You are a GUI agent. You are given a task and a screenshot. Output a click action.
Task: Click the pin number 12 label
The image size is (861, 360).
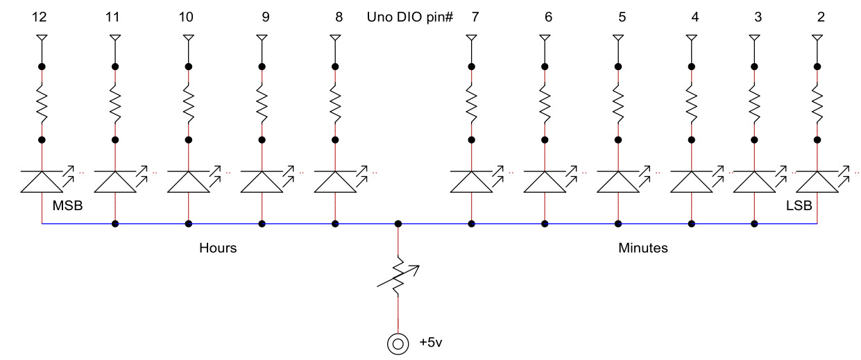coord(42,17)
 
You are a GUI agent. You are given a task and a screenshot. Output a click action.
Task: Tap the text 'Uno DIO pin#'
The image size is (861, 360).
coord(409,17)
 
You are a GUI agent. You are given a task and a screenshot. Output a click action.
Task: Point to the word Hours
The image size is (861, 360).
coord(218,248)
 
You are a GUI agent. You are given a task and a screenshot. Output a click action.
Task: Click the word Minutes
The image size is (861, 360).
coord(642,248)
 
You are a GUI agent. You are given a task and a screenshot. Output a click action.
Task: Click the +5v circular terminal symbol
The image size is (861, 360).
coord(398,343)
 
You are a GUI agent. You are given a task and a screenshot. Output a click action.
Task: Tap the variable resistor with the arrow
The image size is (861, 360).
coord(398,277)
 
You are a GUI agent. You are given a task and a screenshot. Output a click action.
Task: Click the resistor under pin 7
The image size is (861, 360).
coord(472,103)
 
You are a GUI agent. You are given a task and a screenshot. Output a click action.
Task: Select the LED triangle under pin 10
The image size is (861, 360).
coord(188,182)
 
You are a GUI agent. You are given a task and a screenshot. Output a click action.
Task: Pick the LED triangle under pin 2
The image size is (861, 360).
coord(817,182)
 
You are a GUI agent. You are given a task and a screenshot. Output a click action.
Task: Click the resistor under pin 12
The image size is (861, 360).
coord(42,103)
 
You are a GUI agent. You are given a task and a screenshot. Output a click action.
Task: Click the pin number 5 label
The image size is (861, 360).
coord(622,17)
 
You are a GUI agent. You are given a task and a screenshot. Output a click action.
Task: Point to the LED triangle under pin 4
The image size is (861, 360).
coord(692,182)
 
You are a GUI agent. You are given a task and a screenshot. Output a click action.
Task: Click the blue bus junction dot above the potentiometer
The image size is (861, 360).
coord(398,224)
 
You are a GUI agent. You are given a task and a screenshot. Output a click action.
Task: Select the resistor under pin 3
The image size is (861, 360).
coord(754,103)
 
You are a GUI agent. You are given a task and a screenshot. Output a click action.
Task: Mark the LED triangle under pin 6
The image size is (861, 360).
coord(545,182)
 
